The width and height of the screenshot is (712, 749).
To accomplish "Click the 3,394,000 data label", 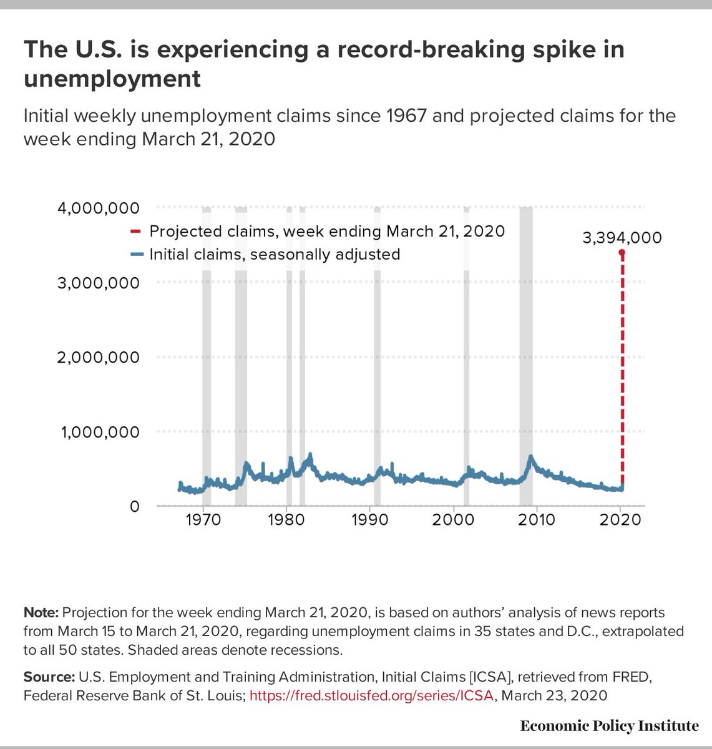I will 622,238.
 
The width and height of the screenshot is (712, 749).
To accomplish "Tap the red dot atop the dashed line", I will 622,252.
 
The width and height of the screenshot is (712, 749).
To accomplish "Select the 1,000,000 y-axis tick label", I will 100,432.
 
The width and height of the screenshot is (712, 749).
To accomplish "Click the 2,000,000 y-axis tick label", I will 99,358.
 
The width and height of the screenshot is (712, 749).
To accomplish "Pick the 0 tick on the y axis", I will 134,507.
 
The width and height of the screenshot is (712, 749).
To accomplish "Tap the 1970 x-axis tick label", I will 203,519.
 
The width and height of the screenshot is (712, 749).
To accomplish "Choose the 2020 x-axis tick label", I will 620,519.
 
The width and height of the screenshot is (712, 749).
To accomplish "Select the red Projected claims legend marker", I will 135,232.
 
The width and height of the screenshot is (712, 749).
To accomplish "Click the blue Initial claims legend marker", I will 135,255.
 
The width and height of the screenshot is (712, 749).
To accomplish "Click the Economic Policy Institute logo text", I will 609,726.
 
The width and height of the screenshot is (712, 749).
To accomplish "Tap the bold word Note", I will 41,612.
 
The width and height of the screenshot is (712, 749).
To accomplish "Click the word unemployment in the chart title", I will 112,79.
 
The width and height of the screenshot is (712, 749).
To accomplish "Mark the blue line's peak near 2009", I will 530,457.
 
